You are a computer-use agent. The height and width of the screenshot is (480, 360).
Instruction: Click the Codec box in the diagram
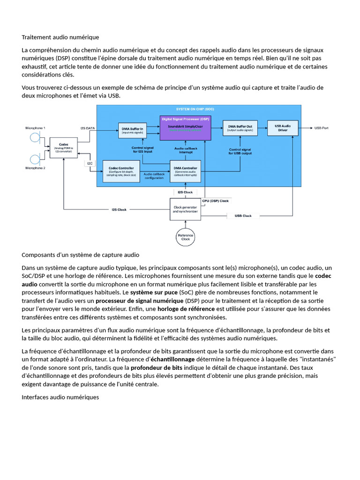(63, 147)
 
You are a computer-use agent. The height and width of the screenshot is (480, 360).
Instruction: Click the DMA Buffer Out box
(240, 128)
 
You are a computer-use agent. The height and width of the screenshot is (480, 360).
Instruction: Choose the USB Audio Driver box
(282, 127)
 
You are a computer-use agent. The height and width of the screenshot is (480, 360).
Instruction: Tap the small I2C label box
(90, 163)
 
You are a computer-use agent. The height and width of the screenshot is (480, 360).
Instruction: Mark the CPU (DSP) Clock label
(215, 201)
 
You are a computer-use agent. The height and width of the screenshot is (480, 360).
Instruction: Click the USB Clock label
(243, 216)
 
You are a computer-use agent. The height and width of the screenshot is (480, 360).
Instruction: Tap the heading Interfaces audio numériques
(60, 397)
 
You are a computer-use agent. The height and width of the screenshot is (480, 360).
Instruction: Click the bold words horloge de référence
(185, 309)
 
